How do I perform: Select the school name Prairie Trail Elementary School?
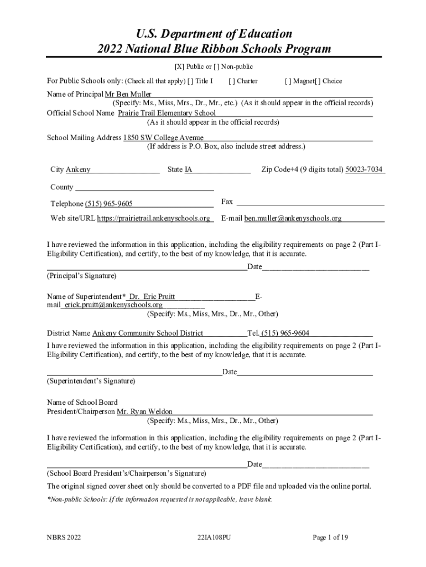click(x=167, y=113)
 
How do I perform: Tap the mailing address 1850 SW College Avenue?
click(x=163, y=138)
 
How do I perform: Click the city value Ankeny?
click(x=78, y=169)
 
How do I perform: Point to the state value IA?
click(x=189, y=169)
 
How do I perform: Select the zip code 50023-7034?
click(x=364, y=169)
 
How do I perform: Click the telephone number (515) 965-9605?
click(x=108, y=204)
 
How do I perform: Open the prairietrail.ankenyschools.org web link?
click(x=153, y=218)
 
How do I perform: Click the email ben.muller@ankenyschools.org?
click(x=293, y=218)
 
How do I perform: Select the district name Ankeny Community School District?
click(x=148, y=333)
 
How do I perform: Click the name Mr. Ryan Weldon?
click(x=144, y=412)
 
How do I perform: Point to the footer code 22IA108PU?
click(x=213, y=538)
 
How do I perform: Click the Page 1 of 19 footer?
click(x=330, y=538)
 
